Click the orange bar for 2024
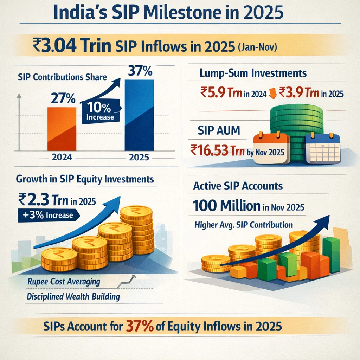(x=62, y=129)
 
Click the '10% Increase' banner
(x=100, y=112)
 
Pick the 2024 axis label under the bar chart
(x=62, y=157)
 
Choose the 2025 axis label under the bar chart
(x=139, y=157)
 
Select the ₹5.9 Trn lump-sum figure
(x=223, y=93)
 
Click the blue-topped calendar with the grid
(x=323, y=148)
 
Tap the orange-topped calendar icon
(x=271, y=148)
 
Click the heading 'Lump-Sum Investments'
(x=253, y=73)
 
